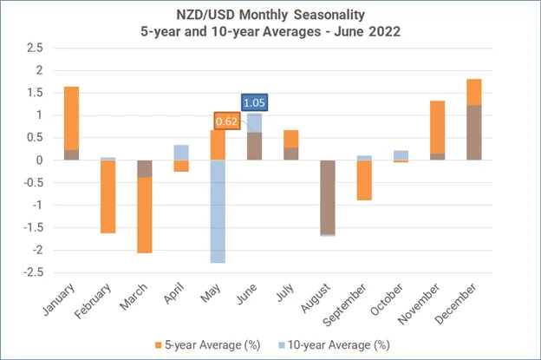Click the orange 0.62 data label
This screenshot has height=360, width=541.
226,121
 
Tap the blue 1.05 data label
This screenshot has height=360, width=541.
254,102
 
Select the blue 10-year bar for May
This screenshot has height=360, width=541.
218,212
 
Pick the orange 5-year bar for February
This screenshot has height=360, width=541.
108,197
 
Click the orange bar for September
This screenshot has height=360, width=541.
364,180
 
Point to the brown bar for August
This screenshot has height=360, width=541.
328,197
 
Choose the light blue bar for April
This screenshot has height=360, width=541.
181,153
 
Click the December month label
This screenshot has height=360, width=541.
456,304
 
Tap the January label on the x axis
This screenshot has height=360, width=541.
59,299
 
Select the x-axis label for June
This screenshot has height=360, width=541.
247,294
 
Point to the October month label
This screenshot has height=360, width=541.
387,299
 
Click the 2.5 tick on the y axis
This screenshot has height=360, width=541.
35,48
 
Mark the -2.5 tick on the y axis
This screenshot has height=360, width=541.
34,272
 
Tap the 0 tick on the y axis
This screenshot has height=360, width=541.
39,160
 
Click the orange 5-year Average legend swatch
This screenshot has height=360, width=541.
159,345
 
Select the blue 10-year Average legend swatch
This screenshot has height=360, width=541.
282,345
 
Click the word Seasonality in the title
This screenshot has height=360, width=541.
329,15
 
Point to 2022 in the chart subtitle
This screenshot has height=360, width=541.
384,31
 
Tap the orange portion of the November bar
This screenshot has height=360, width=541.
438,128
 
